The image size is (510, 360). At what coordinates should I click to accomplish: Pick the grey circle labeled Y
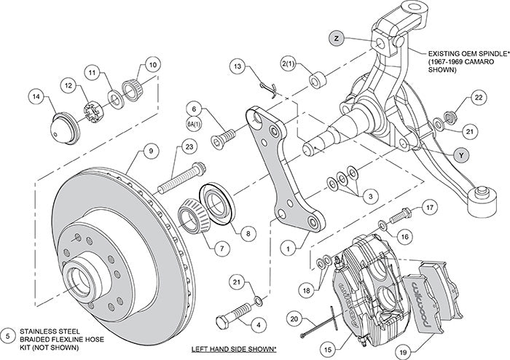click(460, 154)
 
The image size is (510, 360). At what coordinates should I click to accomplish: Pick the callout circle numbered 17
click(431, 207)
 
